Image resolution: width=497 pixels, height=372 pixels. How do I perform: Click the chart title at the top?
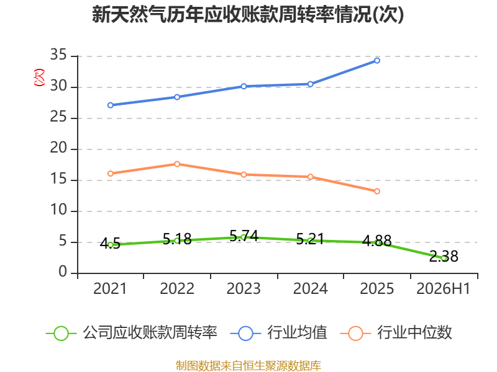coord(248,14)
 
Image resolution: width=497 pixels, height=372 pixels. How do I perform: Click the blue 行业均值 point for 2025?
coord(377,60)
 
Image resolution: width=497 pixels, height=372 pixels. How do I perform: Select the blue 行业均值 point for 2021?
coord(111,105)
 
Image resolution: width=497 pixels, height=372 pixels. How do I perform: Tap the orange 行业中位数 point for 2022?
coord(177,164)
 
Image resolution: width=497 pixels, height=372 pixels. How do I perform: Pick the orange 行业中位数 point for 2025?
coord(377,191)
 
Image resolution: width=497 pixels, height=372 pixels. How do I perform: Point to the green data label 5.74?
coord(244,236)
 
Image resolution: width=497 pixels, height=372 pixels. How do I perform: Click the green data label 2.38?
coord(444,256)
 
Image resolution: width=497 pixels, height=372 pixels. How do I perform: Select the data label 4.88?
coord(377,241)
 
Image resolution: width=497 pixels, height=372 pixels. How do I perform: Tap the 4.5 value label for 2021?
coord(110,244)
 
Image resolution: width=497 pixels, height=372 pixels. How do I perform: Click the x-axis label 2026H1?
coord(443,288)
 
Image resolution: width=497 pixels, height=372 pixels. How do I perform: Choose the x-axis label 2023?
coord(244,288)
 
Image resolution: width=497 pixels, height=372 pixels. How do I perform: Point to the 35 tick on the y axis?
coord(58,55)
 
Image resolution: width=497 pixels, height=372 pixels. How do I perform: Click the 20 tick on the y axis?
coord(58,148)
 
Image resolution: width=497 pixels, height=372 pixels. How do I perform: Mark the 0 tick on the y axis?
coord(63,272)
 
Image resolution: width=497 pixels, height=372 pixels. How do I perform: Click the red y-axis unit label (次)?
coord(39,77)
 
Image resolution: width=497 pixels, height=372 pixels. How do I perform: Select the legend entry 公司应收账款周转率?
coord(132,333)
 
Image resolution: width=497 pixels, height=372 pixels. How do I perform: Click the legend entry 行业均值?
coord(278,333)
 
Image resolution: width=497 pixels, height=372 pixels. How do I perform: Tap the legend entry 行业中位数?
coord(396,333)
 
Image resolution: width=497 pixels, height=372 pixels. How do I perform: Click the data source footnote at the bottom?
coord(248,366)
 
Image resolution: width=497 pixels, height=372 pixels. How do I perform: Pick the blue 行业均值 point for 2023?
coord(244,86)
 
